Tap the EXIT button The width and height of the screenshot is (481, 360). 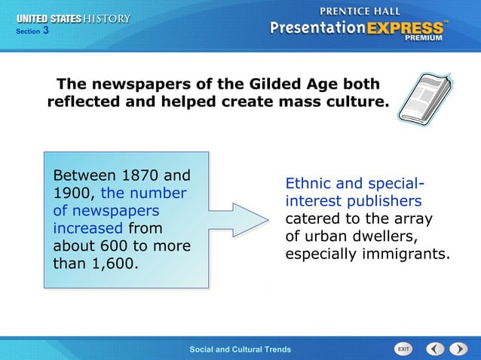pyautogui.click(x=403, y=349)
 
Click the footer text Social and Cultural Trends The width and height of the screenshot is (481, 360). pyautogui.click(x=240, y=349)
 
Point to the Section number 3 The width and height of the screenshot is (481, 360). pyautogui.click(x=46, y=31)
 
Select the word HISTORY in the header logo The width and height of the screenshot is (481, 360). pyautogui.click(x=106, y=18)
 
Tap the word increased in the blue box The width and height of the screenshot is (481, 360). pyautogui.click(x=87, y=228)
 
